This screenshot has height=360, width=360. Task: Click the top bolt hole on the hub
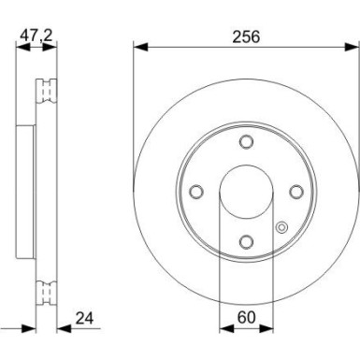[246, 142]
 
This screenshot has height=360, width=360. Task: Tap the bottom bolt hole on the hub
[246, 240]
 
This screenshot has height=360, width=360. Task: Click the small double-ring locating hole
[281, 224]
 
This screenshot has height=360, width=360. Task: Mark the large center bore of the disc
[246, 191]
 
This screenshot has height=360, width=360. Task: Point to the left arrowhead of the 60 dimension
[223, 327]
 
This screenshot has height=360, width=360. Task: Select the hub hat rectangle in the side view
[25, 191]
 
